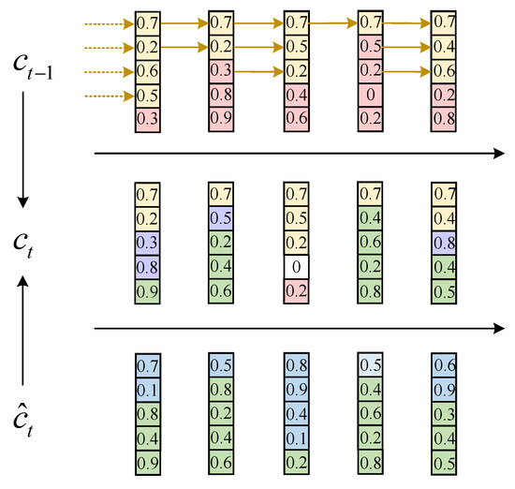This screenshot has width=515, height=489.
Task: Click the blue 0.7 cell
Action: (x=148, y=363)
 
